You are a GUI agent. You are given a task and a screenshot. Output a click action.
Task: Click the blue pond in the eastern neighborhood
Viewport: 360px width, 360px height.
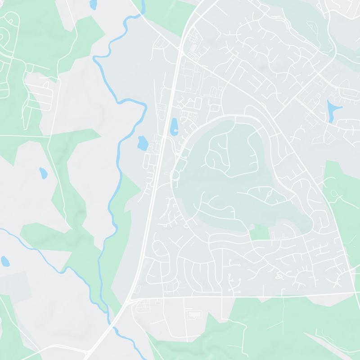pos(332,109)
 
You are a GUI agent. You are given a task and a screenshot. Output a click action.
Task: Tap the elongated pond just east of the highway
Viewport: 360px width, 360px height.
pos(174,126)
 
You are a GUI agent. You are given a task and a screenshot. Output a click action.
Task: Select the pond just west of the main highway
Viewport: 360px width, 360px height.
pos(142,144)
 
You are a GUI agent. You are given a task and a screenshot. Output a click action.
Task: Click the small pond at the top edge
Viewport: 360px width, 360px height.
pos(94,4)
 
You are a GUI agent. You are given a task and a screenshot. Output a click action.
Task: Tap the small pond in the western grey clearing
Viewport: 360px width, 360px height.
pos(43,172)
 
